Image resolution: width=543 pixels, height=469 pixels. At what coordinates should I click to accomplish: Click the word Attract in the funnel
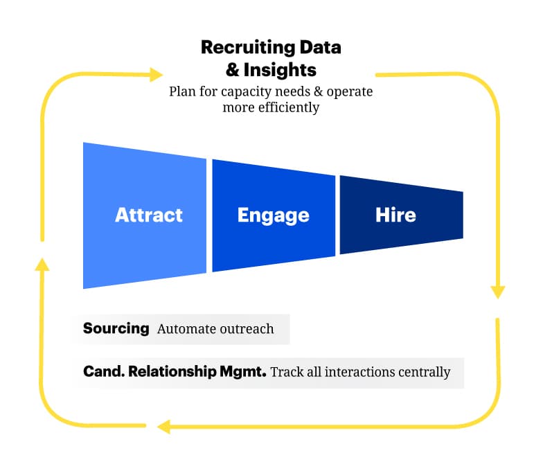pos(148,215)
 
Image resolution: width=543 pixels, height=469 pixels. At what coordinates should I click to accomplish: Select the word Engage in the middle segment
pos(273,215)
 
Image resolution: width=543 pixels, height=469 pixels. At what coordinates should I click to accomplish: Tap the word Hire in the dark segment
pos(395,215)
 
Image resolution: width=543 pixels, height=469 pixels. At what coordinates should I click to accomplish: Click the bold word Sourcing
pos(116,328)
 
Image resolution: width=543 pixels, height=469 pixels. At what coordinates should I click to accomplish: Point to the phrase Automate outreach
pos(215,329)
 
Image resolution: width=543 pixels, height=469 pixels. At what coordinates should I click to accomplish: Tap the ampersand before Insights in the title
pos(233,70)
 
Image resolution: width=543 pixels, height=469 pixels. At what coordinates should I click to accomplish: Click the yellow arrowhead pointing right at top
pos(155,73)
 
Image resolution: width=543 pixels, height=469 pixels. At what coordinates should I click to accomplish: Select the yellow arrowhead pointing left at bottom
pos(164,426)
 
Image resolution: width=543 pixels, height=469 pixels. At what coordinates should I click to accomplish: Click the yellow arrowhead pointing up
pos(43,263)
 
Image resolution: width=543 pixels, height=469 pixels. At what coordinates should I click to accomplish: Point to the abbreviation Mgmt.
pos(242,371)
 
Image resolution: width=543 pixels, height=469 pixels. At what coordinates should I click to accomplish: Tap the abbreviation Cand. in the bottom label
pos(100,371)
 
